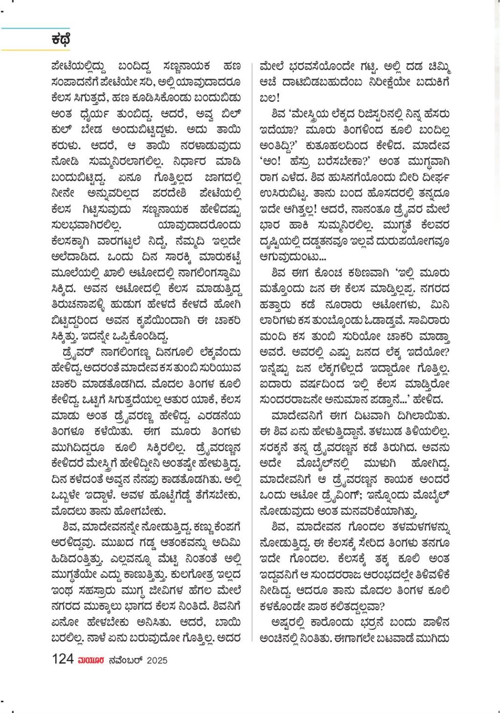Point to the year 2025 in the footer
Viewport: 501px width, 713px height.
pyautogui.click(x=157, y=660)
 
